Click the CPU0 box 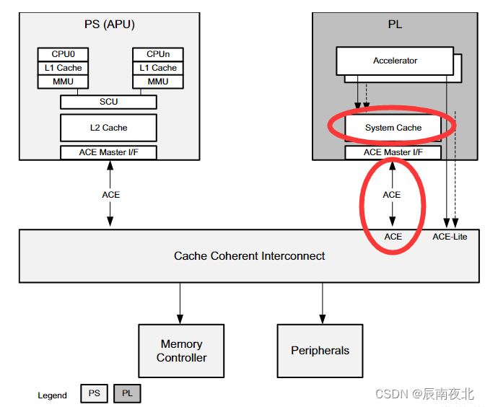[x=61, y=54]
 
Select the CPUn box [x=157, y=54]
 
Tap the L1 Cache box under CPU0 [x=61, y=68]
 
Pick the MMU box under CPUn [x=157, y=82]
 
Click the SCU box [x=108, y=102]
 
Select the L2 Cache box [x=108, y=128]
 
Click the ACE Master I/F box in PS [x=108, y=152]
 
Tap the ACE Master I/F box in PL [x=393, y=152]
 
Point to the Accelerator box [x=394, y=61]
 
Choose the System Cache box [x=393, y=128]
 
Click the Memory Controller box [x=181, y=351]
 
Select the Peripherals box [x=320, y=351]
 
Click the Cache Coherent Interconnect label [x=249, y=255]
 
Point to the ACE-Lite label [x=449, y=237]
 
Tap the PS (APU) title [x=109, y=24]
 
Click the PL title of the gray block [x=395, y=24]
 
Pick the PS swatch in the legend [x=94, y=394]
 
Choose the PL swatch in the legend [x=127, y=394]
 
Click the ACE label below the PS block [x=110, y=195]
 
